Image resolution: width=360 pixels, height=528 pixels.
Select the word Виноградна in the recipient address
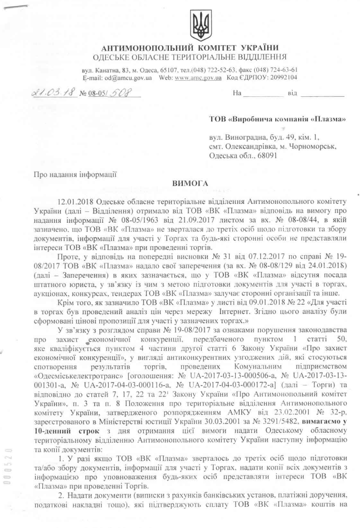click(x=238, y=137)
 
